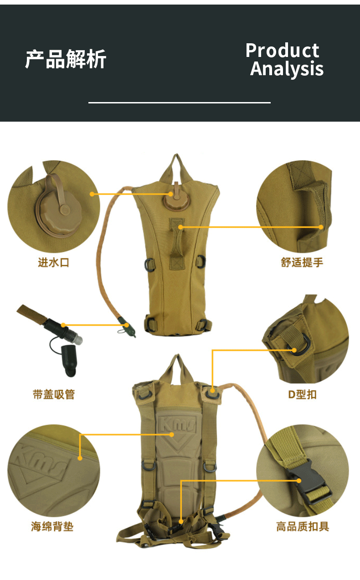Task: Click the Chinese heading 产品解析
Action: coord(66,59)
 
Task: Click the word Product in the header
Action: coord(282,50)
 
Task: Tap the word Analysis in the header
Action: coord(287,69)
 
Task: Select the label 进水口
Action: coord(53,262)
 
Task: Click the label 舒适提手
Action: coord(302,262)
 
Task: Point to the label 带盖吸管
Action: coord(53,394)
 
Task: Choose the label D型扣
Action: coord(302,394)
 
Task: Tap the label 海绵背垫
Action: coord(52,527)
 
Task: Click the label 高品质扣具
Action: coord(302,527)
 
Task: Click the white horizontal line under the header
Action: coord(179,103)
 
